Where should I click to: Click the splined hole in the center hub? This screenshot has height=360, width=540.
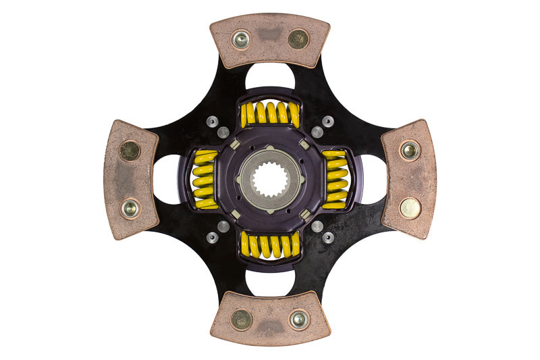[270, 180]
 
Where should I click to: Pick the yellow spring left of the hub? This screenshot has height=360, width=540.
[205, 180]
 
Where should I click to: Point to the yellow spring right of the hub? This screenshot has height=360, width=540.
[335, 180]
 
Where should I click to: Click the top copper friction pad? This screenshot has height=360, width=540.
[269, 40]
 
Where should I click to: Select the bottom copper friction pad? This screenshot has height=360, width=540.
[270, 319]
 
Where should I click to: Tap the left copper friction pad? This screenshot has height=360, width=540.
[130, 180]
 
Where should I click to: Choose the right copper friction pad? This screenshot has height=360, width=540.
[409, 179]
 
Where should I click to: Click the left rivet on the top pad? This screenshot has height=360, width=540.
[241, 40]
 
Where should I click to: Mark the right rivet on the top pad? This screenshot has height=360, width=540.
[298, 38]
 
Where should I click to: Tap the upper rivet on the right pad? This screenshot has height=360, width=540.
[409, 150]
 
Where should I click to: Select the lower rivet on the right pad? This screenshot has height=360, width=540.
[410, 208]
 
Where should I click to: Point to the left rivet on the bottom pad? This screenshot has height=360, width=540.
[241, 319]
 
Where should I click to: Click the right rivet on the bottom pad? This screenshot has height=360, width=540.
[298, 319]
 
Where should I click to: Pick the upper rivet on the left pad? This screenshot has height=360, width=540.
[130, 151]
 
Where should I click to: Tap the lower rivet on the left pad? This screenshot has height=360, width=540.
[130, 208]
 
